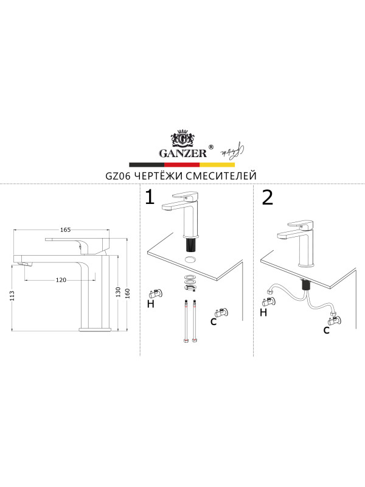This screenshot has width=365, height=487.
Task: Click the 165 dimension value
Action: pos(66,230)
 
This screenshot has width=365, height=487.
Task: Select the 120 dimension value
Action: pos(61,280)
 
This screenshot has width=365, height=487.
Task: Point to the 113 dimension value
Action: pos(12,295)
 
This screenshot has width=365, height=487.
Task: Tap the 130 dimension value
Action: pos(118,292)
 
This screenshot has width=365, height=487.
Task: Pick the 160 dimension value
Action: pos(127,293)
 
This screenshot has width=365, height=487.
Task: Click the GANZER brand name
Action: pos(183,153)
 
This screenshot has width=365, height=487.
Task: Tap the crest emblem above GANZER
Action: pos(183,138)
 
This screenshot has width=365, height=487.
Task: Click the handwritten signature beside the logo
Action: pos(232,150)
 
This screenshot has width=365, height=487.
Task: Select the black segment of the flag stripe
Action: pos(147,164)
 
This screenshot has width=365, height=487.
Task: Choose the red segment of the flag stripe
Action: pos(182,164)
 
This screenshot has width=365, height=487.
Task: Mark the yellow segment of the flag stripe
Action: pos(217,164)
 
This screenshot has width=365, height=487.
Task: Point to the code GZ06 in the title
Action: pos(119,176)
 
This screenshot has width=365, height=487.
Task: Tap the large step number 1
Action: pos(150,197)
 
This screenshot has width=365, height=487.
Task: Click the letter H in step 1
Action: pos(150,304)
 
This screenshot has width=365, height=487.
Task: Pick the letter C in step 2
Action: pos(326,330)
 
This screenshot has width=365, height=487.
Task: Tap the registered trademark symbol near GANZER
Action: pos(210,147)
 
